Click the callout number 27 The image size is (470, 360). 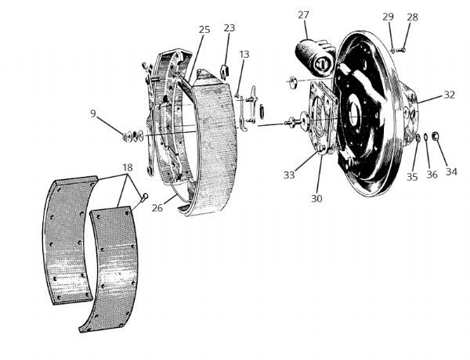[x=304, y=14]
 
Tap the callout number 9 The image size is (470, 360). [x=94, y=113]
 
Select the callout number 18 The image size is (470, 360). [x=128, y=167]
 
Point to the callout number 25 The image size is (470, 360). [x=204, y=30]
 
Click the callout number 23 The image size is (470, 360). [x=230, y=28]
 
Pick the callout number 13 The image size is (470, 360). [x=244, y=54]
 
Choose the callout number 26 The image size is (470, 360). [x=158, y=207]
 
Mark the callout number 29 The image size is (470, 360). [x=389, y=16]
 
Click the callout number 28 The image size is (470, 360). [x=413, y=16]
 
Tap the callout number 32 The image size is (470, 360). [x=449, y=95]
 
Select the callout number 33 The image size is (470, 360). [x=289, y=175]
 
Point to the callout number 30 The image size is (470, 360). [x=316, y=198]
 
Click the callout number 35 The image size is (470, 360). [x=412, y=177]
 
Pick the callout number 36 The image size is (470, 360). [x=432, y=174]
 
